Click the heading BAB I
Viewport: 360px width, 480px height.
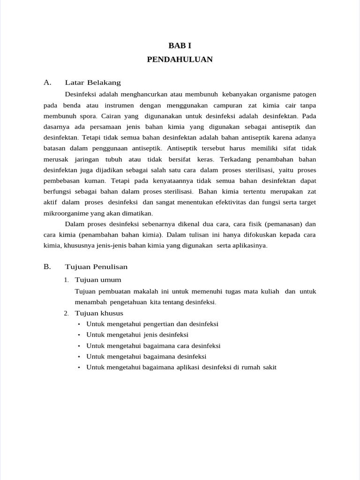[180, 46]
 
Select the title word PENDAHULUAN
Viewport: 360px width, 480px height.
[180, 60]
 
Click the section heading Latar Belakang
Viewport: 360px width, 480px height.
[93, 82]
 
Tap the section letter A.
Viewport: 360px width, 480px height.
[47, 82]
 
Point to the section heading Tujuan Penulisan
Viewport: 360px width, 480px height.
[96, 267]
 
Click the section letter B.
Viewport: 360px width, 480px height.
[47, 267]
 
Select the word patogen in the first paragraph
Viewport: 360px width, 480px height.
[304, 94]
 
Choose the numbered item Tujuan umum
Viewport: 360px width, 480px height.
[98, 280]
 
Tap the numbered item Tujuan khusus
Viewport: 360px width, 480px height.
[99, 313]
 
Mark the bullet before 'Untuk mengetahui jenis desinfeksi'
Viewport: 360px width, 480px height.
[79, 335]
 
